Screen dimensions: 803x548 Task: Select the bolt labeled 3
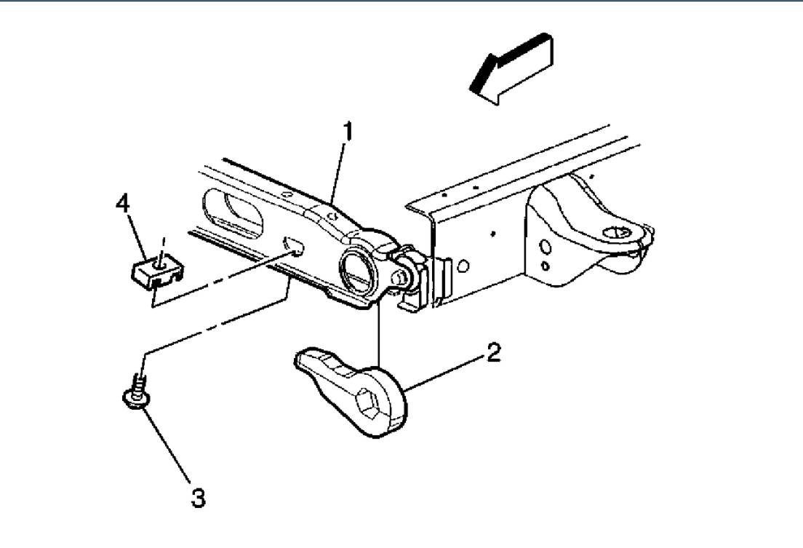(x=135, y=389)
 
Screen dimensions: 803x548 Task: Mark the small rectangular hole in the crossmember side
(x=295, y=246)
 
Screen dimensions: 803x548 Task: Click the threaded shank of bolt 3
(x=137, y=381)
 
